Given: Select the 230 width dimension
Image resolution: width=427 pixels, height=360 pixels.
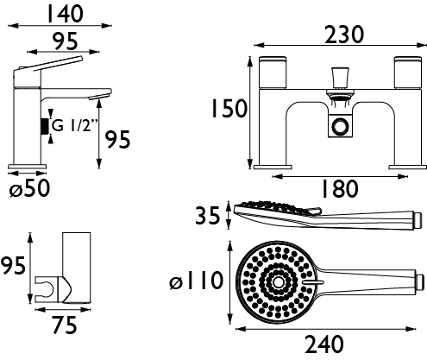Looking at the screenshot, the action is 344,35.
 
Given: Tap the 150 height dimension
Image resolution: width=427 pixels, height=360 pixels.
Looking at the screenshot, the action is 229,109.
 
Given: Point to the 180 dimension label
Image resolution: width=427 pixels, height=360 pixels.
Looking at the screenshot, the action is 340,188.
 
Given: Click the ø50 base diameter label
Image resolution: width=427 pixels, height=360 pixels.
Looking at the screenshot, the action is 29,188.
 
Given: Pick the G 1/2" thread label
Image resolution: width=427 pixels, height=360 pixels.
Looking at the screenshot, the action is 75,126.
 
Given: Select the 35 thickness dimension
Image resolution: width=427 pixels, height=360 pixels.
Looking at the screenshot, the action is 208,216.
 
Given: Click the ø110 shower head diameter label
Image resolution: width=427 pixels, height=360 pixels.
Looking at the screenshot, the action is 196,281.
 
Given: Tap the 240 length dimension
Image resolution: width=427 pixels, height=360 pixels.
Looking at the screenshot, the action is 324,344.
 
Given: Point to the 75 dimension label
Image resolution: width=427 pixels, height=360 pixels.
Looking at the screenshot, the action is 65,325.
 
